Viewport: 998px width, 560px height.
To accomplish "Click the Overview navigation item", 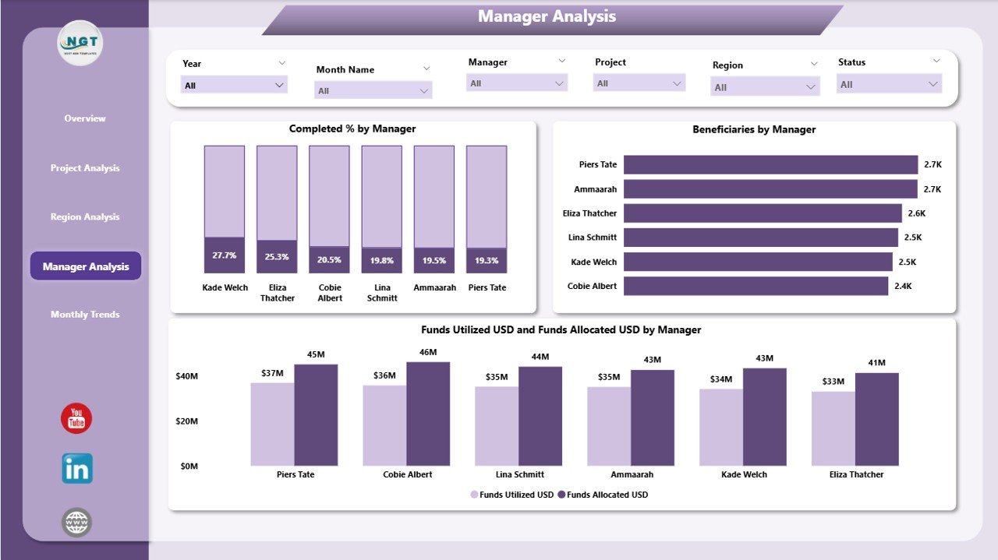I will point(85,118).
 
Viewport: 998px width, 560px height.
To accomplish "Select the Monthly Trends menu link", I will point(85,315).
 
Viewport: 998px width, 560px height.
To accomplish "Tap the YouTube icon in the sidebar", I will point(76,419).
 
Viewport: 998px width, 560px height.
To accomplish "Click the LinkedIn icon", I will point(77,469).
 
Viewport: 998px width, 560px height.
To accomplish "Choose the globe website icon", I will point(76,523).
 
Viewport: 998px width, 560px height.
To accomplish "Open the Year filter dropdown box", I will point(234,85).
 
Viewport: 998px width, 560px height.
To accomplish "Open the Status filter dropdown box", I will point(889,84).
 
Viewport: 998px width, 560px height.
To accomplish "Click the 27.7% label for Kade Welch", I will point(224,255).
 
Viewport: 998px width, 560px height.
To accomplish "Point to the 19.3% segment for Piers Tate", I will point(487,261).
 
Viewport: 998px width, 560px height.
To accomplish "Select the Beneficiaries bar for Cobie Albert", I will point(756,287).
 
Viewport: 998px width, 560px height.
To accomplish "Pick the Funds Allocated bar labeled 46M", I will point(428,414).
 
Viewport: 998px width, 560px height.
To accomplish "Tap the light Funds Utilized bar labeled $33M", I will point(833,428).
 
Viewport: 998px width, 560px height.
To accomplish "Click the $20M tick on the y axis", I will point(187,421).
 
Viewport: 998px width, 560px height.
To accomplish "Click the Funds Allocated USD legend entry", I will point(607,495).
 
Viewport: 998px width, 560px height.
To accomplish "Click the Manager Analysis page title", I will point(547,16).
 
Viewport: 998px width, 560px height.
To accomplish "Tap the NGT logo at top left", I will point(80,43).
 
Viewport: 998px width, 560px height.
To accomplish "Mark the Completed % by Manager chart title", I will point(352,129).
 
